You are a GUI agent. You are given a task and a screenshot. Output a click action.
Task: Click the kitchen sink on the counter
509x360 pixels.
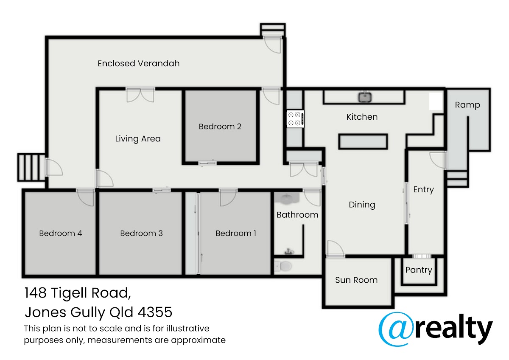pyautogui.click(x=365, y=97)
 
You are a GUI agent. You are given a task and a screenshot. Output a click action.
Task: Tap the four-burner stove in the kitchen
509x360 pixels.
pyautogui.click(x=295, y=119)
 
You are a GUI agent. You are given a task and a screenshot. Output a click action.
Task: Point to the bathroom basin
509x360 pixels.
pyautogui.click(x=288, y=199)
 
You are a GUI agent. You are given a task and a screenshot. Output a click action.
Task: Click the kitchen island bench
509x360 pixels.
pyautogui.click(x=363, y=142)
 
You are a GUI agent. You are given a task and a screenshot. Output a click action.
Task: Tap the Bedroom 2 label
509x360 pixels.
pyautogui.click(x=220, y=127)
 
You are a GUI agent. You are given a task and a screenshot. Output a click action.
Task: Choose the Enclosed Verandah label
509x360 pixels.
pyautogui.click(x=139, y=63)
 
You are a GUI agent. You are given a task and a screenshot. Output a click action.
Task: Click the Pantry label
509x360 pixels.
pyautogui.click(x=419, y=270)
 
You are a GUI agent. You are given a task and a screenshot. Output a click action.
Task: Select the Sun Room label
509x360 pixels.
pyautogui.click(x=356, y=280)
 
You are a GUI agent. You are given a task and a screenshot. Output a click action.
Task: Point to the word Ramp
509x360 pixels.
pyautogui.click(x=467, y=105)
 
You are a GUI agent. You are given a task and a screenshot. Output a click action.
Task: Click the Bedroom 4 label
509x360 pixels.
pyautogui.click(x=60, y=233)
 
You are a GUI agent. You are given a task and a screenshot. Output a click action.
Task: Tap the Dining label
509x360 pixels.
pyautogui.click(x=362, y=205)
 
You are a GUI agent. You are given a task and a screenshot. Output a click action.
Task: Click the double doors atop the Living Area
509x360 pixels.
pyautogui.click(x=140, y=95)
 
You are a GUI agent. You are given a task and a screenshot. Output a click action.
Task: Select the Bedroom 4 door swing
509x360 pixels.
pyautogui.click(x=85, y=197)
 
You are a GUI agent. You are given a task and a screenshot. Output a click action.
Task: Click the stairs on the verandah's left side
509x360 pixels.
pyautogui.click(x=31, y=167)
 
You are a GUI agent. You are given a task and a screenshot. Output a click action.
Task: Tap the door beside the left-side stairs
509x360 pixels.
pyautogui.click(x=54, y=167)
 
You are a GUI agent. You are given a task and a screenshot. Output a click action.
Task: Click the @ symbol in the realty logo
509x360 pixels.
pyautogui.click(x=396, y=329)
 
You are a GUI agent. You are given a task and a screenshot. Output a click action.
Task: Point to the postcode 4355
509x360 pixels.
pyautogui.click(x=155, y=312)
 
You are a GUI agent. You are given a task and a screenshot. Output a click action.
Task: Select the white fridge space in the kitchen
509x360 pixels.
pyautogui.click(x=436, y=101)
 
